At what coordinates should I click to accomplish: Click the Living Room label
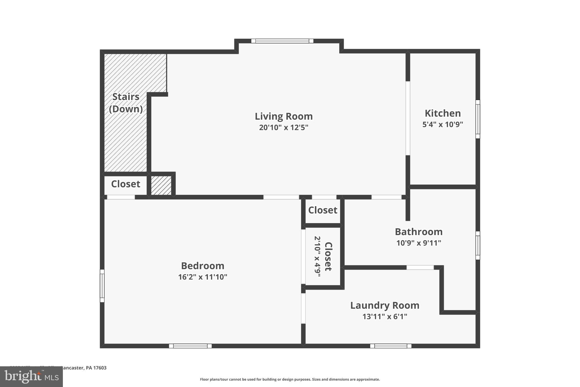tap(283, 116)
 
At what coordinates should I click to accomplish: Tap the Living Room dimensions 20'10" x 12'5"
tap(283, 128)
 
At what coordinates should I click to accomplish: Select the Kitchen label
tap(443, 113)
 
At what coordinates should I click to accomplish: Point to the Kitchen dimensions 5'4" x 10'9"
tap(443, 124)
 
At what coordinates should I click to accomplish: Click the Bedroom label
tap(202, 266)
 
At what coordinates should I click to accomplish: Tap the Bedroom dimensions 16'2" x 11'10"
tap(202, 277)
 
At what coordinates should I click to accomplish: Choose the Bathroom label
tap(419, 232)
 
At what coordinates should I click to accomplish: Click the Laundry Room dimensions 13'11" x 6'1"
tap(385, 316)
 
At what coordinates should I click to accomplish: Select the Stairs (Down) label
tap(126, 103)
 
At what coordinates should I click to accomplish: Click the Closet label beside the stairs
tap(125, 184)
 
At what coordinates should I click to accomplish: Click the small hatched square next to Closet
tap(161, 185)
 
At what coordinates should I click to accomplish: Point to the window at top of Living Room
tap(282, 41)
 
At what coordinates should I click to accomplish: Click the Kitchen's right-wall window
tap(477, 119)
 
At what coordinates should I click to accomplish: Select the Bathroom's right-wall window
tap(477, 245)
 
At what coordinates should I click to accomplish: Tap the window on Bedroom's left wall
tap(102, 286)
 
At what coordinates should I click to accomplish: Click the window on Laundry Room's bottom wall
tap(391, 346)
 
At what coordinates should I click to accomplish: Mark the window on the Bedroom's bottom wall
tap(190, 346)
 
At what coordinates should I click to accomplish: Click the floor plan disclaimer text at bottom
tap(290, 379)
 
